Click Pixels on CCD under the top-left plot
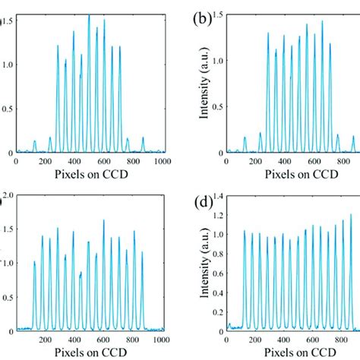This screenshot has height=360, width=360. pos(89,174)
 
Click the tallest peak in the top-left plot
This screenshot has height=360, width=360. pos(89,15)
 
